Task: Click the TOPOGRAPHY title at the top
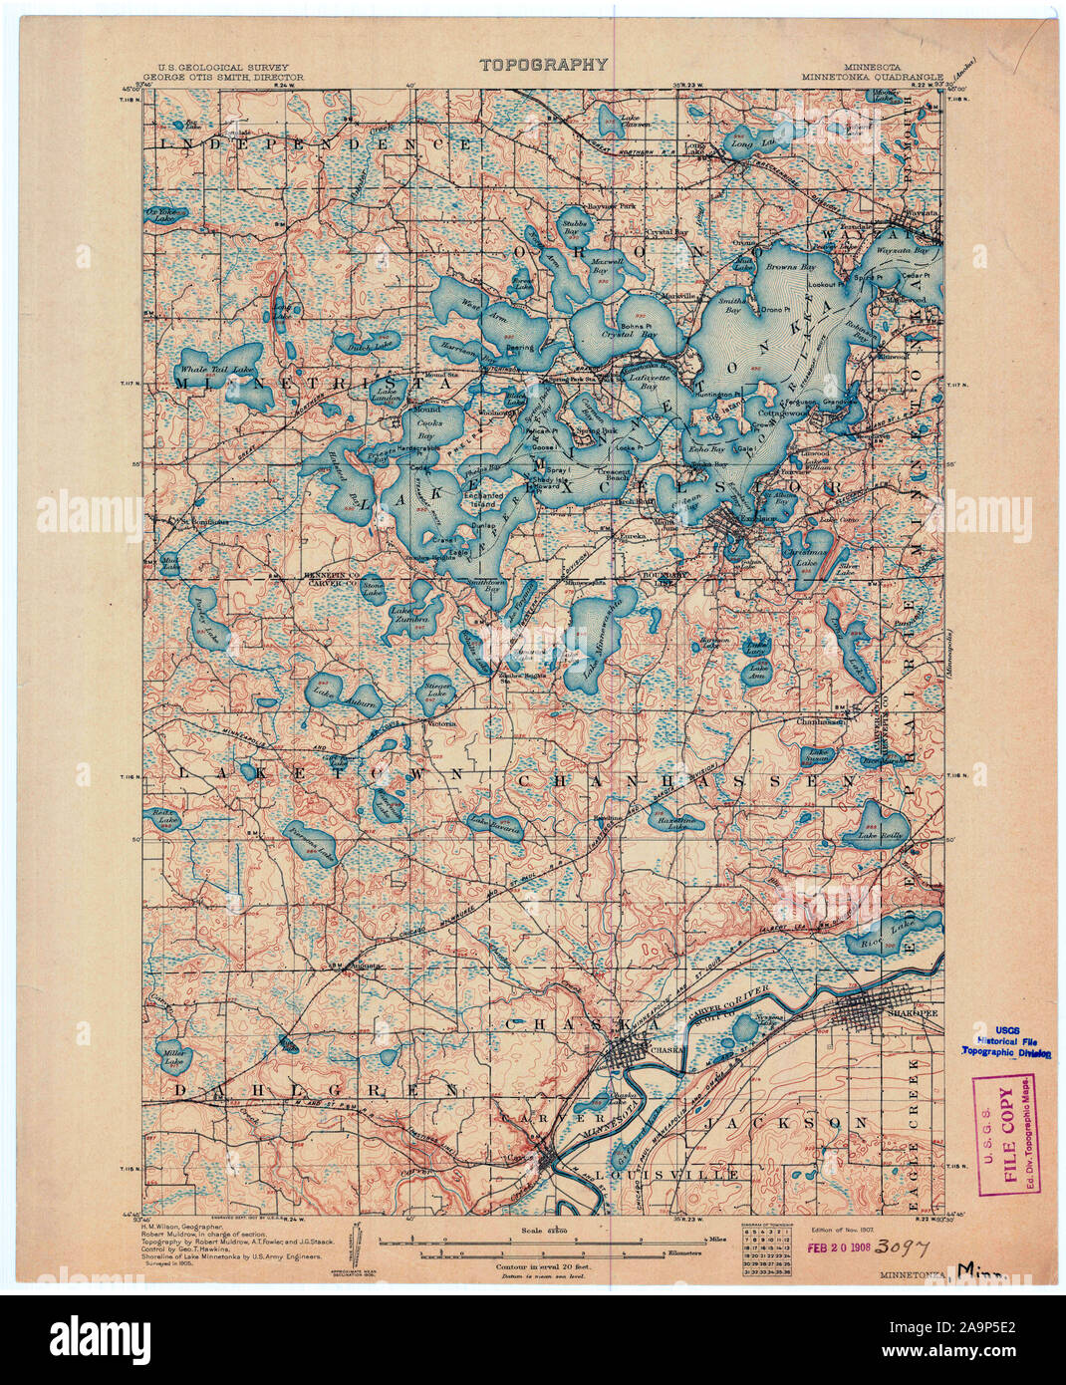[543, 65]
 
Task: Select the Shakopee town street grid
[877, 1015]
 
